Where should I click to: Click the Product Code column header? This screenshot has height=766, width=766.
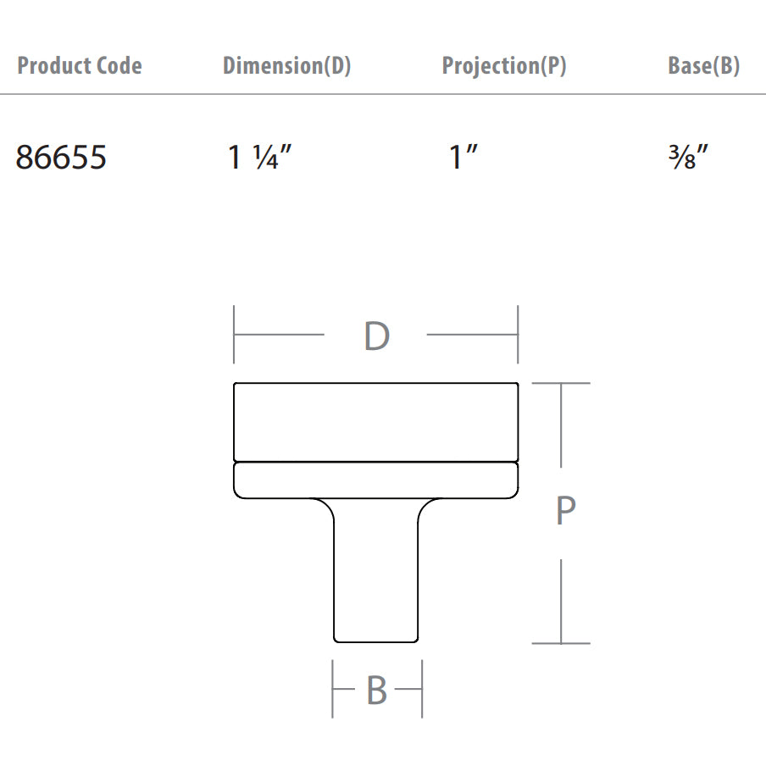80,66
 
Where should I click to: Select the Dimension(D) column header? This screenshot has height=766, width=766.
286,66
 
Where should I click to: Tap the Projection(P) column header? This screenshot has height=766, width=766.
504,66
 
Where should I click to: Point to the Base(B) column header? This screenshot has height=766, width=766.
703,66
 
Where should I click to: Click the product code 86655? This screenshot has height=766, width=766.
61,158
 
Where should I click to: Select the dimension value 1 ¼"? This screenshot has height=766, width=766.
259,158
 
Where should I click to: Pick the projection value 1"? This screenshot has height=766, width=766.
464,158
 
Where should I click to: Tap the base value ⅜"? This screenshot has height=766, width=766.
687,158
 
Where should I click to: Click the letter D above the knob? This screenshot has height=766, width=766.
376,336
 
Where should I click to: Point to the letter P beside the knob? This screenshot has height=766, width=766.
566,512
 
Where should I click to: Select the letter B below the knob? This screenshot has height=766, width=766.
376,691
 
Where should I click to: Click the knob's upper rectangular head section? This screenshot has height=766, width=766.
375,422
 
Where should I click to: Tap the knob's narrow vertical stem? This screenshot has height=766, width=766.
375,576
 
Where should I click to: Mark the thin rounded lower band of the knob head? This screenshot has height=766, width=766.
375,480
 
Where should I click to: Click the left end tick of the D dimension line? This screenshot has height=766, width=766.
235,335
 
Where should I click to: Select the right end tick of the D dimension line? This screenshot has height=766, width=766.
518,335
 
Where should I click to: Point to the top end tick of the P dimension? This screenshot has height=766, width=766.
561,384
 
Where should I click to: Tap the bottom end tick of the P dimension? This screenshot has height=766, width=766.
561,643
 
